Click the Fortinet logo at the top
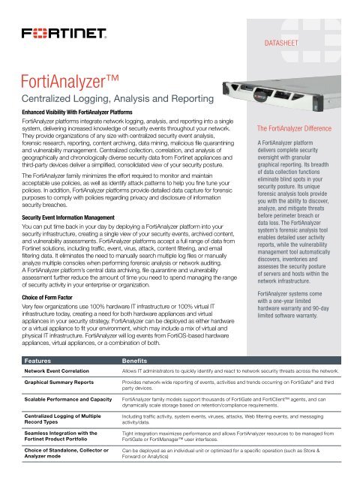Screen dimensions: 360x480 tap(67, 35)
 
